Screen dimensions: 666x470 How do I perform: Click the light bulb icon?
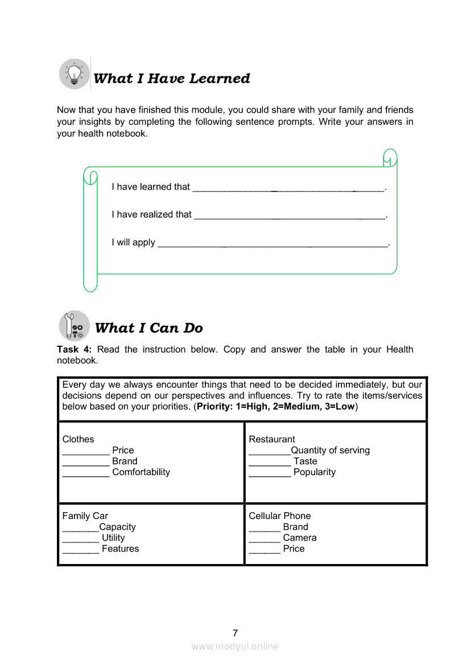[75, 74]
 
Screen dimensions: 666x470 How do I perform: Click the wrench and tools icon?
[75, 326]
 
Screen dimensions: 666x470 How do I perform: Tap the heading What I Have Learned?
[171, 79]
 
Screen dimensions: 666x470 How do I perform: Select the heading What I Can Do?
[149, 328]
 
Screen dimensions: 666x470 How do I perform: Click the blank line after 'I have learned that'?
[288, 188]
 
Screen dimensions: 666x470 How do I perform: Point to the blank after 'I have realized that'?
[290, 216]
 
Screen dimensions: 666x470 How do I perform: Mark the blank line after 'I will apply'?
[273, 244]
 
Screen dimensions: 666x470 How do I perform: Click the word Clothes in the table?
[78, 439]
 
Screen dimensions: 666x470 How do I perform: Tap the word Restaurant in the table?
[272, 439]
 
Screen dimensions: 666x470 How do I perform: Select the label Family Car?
[85, 516]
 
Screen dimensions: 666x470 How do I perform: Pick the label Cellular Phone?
[280, 516]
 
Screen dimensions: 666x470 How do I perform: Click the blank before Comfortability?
[86, 473]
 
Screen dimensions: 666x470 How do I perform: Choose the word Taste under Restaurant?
[306, 461]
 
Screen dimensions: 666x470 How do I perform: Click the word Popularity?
[315, 472]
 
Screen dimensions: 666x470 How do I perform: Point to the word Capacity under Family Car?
[117, 527]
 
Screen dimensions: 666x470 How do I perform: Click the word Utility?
[113, 538]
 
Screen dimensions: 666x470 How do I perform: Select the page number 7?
[235, 633]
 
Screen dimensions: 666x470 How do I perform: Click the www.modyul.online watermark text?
[235, 646]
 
